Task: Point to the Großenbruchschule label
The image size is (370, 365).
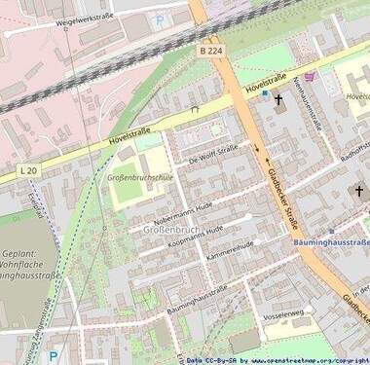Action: click(139, 178)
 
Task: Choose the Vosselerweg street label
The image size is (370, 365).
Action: click(283, 313)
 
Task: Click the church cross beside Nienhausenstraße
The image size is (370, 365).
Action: click(277, 99)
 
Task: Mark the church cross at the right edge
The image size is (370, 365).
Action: click(358, 192)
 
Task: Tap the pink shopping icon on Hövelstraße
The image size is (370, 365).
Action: click(309, 76)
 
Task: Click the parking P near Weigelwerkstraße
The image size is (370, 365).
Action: click(160, 18)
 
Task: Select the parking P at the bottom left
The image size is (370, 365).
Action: click(54, 356)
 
